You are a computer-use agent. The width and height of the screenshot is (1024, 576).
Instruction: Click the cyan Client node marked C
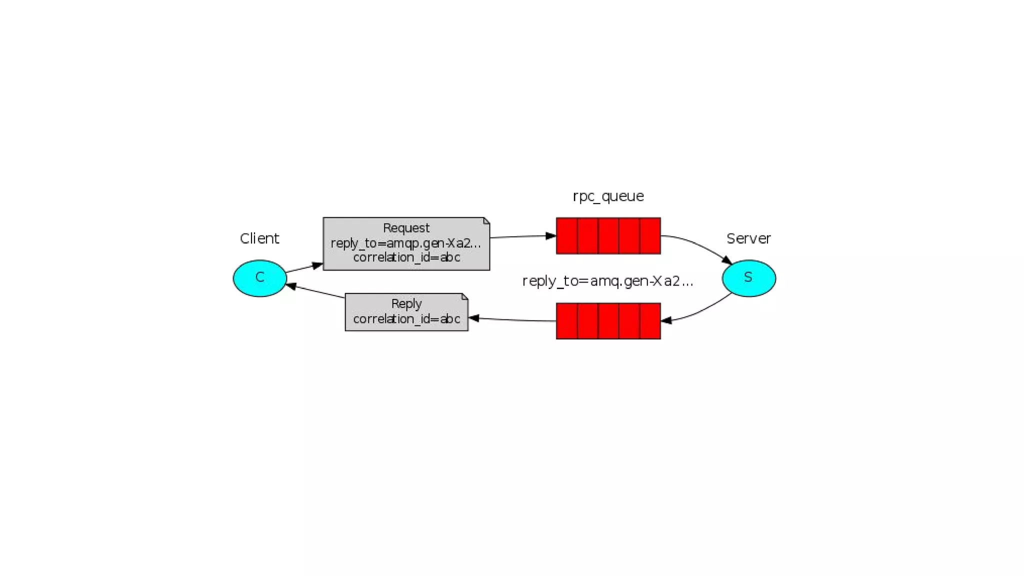coord(259,278)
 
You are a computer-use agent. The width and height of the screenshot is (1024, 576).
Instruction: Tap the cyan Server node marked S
coord(748,278)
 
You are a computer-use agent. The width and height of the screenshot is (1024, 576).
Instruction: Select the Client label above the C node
coord(259,238)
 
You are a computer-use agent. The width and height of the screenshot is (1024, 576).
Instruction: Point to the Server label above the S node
coord(748,238)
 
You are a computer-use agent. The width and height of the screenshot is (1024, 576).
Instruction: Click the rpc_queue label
coord(608,196)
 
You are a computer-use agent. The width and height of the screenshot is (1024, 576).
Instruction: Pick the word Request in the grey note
coord(406,228)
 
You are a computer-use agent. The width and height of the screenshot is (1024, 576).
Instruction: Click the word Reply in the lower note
coord(406,304)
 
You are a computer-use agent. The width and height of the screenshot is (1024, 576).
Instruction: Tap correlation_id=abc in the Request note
coord(406,257)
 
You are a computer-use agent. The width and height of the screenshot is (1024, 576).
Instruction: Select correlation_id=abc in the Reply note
coord(406,319)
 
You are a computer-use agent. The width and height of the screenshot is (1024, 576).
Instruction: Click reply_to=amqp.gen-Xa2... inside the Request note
coord(406,243)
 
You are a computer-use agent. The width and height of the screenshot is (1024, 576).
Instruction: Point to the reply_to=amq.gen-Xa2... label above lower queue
coord(607,281)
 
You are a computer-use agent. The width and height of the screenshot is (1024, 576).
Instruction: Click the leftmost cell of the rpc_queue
coord(567,236)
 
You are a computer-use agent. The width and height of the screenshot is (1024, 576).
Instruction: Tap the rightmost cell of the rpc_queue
coord(650,236)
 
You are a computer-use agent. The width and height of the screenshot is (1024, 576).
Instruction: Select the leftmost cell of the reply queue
coord(567,321)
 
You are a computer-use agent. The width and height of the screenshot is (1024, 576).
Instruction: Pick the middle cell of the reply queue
coord(608,321)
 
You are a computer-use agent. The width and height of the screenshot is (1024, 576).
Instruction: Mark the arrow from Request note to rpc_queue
coord(522,236)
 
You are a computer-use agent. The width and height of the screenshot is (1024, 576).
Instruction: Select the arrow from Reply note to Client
coord(316,291)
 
